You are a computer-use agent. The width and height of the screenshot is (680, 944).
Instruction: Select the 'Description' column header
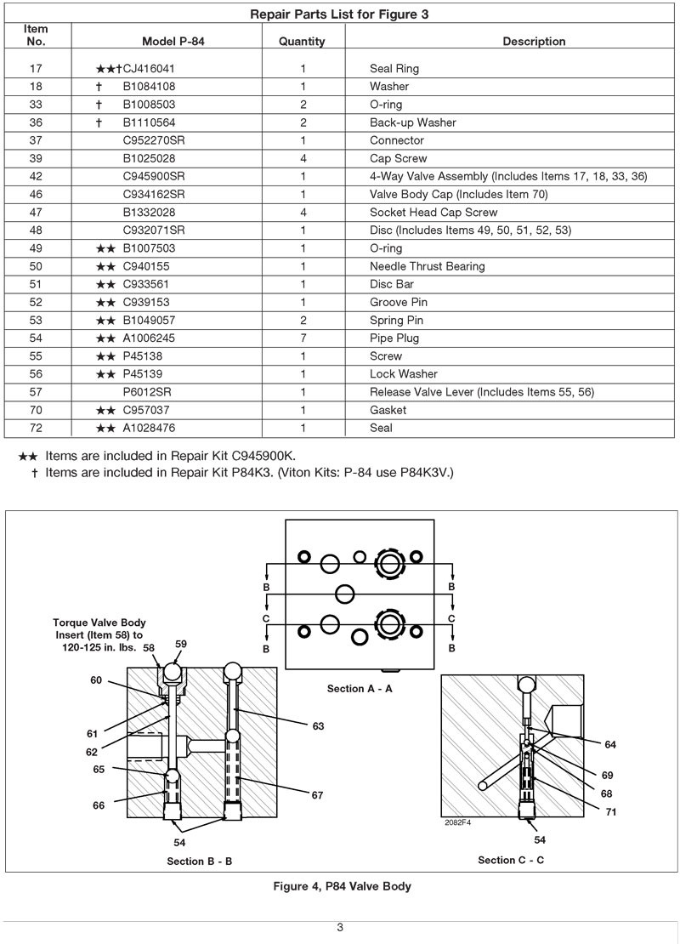pos(534,41)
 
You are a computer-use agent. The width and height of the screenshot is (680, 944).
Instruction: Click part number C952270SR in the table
pos(154,140)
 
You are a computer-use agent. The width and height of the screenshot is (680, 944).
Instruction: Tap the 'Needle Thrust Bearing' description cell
pos(427,266)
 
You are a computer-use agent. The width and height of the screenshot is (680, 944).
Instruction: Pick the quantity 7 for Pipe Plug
pos(303,338)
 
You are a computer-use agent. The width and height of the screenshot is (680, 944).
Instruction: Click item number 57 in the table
pos(36,392)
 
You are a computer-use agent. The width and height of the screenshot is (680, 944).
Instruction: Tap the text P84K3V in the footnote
pos(426,472)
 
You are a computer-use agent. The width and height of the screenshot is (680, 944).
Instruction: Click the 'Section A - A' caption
pos(360,688)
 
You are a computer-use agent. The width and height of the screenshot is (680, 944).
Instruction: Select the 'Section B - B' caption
pos(200,861)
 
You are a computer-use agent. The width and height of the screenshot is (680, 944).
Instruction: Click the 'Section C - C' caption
pos(511,860)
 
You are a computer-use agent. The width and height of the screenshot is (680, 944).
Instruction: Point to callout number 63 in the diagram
pos(318,726)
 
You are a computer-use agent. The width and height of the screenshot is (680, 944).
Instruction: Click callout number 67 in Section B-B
pos(317,795)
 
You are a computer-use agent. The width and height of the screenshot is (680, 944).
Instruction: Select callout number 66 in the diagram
pos(99,805)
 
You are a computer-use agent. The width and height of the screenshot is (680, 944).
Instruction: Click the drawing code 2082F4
pos(458,822)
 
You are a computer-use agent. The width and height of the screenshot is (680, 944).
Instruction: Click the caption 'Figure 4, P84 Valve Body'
pos(342,886)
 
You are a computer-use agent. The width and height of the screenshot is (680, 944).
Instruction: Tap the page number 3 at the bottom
pos(340,927)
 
